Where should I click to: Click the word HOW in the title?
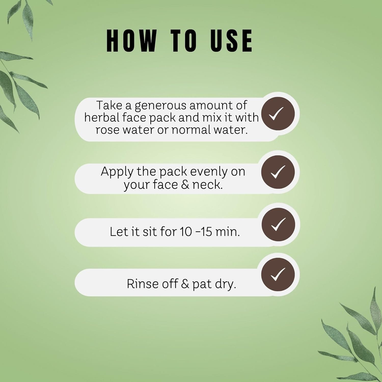coord(131,40)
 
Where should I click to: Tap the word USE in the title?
coord(231,40)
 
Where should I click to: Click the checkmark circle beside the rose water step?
coord(278,114)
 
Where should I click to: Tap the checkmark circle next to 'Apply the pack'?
coord(278,172)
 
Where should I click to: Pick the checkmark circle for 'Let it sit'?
coord(278,224)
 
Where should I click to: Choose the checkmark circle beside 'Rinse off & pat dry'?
coord(278,274)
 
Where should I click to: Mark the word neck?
coord(207,184)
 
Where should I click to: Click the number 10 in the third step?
coord(186,232)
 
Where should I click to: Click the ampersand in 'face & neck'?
coord(185,185)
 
